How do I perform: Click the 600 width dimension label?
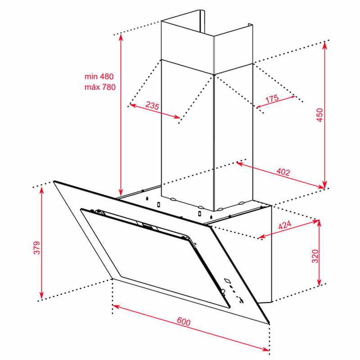pyautogui.click(x=184, y=321)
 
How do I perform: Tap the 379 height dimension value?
pyautogui.click(x=37, y=248)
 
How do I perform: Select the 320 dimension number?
pyautogui.click(x=315, y=256)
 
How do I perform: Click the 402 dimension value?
pyautogui.click(x=283, y=172)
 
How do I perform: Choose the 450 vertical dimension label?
pyautogui.click(x=319, y=115)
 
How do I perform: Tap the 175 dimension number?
pyautogui.click(x=272, y=99)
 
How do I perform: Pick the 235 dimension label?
pyautogui.click(x=152, y=105)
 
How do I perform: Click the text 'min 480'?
pyautogui.click(x=99, y=76)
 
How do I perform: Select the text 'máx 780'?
pyautogui.click(x=100, y=87)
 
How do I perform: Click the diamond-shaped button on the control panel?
pyautogui.click(x=227, y=280)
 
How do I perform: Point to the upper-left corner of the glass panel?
pyautogui.click(x=54, y=181)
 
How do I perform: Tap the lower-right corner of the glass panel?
pyautogui.click(x=269, y=323)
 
